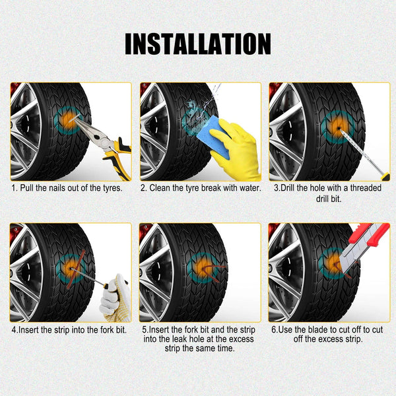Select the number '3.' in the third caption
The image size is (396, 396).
277,188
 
